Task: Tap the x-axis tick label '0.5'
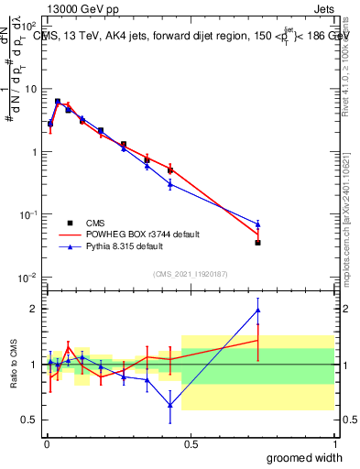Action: pyautogui.click(x=191, y=443)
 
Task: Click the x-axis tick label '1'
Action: pyautogui.click(x=334, y=443)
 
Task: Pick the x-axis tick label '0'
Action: pyautogui.click(x=46, y=443)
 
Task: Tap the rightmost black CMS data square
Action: pyautogui.click(x=258, y=243)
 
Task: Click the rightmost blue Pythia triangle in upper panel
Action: pyautogui.click(x=258, y=224)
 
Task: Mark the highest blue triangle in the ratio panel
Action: pyautogui.click(x=258, y=310)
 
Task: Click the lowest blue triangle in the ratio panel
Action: pyautogui.click(x=170, y=405)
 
